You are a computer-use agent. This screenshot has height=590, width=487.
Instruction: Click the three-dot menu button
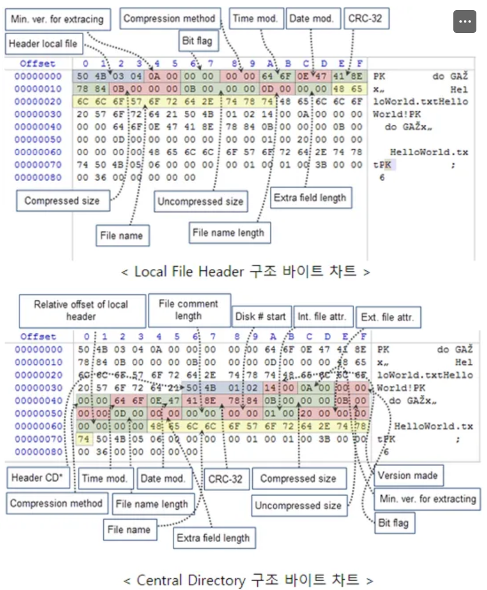pyautogui.click(x=465, y=22)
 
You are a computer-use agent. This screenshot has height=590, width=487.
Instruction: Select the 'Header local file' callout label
pyautogui.click(x=43, y=44)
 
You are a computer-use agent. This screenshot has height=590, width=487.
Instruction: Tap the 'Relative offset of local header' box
pyautogui.click(x=81, y=310)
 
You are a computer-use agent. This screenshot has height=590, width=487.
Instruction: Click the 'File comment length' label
pyautogui.click(x=188, y=310)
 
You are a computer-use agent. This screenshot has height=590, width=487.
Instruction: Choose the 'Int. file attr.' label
pyautogui.click(x=325, y=317)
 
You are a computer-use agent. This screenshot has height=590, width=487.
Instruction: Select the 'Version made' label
pyautogui.click(x=407, y=476)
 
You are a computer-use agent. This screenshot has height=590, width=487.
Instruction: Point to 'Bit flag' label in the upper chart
pyautogui.click(x=198, y=42)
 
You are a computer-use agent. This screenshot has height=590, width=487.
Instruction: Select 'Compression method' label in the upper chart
pyautogui.click(x=169, y=18)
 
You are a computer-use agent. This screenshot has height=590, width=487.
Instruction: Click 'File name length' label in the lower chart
pyautogui.click(x=152, y=504)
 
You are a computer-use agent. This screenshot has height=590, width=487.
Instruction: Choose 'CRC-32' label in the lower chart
pyautogui.click(x=225, y=479)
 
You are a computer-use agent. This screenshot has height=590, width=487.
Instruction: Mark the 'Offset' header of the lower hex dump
pyautogui.click(x=37, y=337)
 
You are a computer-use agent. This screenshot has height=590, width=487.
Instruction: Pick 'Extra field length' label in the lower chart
pyautogui.click(x=213, y=537)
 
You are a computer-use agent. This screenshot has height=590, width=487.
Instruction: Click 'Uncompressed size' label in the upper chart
pyautogui.click(x=200, y=202)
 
